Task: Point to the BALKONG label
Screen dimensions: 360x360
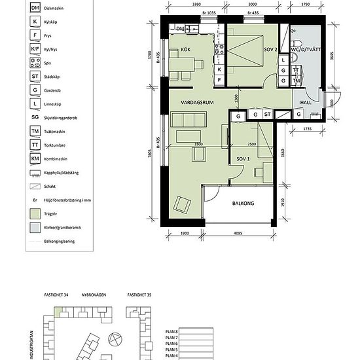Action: point(242,204)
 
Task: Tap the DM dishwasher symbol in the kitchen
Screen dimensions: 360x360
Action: point(181,29)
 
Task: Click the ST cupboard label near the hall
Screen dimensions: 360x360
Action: point(268,115)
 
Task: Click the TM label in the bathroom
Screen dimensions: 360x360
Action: point(296,81)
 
